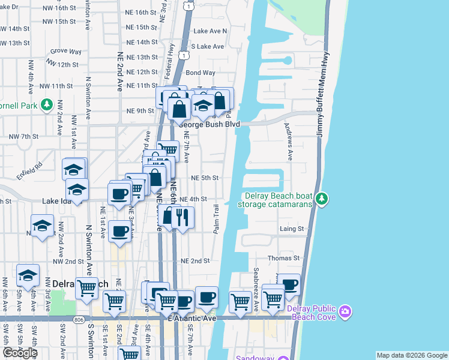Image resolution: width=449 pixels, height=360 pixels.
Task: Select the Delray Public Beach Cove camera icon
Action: point(345,311)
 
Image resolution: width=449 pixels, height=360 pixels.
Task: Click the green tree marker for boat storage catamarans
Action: point(322,199)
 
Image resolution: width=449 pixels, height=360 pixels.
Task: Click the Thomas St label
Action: point(283,258)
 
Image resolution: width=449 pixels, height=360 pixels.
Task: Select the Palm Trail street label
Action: point(216,219)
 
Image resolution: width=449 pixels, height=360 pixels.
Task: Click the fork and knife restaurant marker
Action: point(183,217)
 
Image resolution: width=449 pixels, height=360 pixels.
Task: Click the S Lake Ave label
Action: point(207,46)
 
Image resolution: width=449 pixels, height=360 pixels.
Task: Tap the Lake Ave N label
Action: point(210,31)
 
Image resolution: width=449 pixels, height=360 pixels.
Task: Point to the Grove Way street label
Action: point(66,52)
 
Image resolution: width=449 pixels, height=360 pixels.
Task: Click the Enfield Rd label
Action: point(30,163)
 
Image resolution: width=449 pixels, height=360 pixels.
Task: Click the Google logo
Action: point(20,353)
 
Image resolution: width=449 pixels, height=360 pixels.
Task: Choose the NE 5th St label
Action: point(204,178)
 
